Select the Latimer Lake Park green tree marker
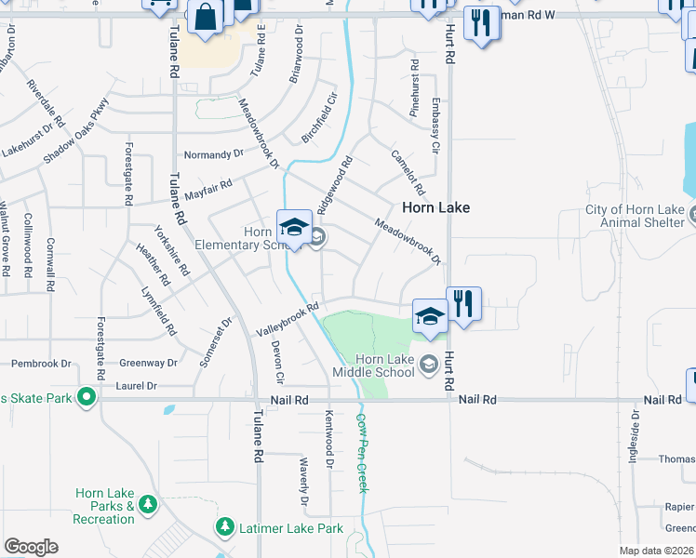tap(224, 527)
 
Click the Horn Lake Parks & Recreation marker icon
tap(147, 504)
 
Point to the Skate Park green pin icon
tap(87, 398)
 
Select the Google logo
tap(31, 547)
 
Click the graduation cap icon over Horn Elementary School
tap(294, 227)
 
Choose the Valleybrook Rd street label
tap(288, 319)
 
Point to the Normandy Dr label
tap(213, 154)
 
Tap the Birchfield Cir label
tap(318, 117)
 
